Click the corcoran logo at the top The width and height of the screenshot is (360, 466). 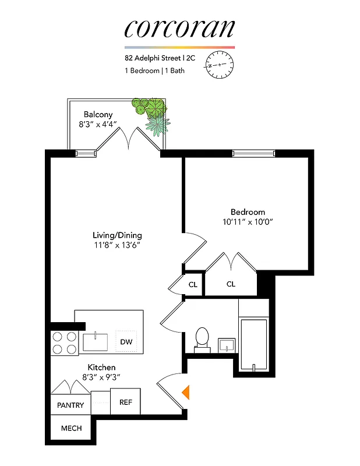pos(179,27)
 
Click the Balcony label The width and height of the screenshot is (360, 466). pos(98,114)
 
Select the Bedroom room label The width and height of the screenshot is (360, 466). pos(248,212)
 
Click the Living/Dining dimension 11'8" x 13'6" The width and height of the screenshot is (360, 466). pos(117,245)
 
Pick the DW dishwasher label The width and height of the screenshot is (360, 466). pos(126,342)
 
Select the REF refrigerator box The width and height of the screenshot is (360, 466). pos(126,402)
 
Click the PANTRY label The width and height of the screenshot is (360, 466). pos(70,405)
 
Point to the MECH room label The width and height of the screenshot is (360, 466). pos(70,429)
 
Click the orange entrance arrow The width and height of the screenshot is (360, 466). pos(186,392)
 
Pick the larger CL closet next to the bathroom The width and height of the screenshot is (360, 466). pos(231,284)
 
